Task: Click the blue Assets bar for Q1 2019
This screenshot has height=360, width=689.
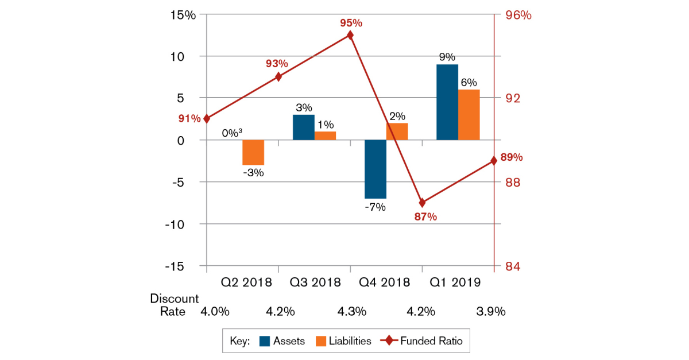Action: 447,102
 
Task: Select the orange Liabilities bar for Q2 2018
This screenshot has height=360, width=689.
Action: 253,152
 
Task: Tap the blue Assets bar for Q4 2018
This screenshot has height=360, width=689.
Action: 376,169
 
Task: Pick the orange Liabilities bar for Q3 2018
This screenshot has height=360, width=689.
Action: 325,136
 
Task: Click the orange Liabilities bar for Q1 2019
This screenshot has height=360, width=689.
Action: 469,115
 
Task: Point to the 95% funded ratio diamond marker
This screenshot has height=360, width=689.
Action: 350,36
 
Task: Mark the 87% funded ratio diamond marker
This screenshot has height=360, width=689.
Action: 422,203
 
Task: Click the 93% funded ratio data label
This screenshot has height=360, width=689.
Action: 277,64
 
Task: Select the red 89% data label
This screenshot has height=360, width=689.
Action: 511,157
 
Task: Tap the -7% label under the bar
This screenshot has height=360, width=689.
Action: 375,207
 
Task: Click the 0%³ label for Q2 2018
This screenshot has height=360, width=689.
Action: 233,133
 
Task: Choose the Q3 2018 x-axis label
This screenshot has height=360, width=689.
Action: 315,282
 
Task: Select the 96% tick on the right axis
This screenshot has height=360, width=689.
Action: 517,15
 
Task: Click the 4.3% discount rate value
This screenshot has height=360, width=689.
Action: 352,312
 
